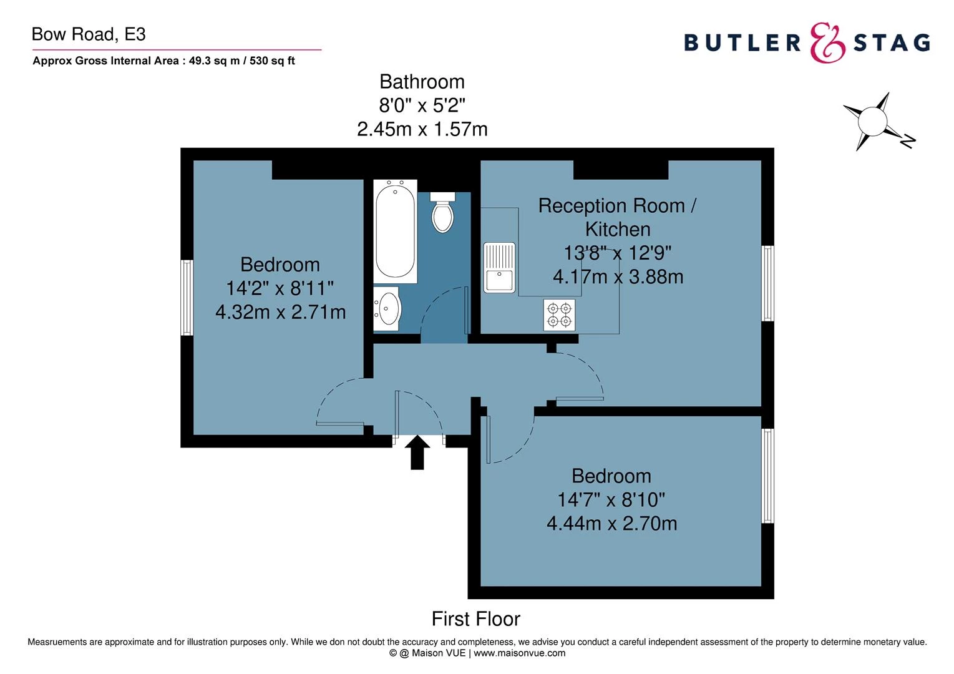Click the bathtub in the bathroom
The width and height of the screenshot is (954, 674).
coord(396,231)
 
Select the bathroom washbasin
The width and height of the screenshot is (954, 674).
coord(387,308)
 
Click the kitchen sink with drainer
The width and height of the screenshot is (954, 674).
coord(499,267)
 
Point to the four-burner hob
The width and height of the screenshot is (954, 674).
coord(559,315)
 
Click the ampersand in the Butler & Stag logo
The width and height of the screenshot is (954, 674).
coord(827,42)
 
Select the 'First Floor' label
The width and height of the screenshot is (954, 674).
coord(475,618)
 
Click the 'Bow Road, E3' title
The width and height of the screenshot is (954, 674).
coord(89,34)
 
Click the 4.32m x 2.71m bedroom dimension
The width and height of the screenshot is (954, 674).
coord(280,311)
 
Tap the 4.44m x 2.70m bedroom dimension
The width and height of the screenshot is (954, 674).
coord(611,523)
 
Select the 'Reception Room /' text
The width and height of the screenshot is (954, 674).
coord(617,205)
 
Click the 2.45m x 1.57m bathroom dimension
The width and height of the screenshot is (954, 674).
coord(422,129)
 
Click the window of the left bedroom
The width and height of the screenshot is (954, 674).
coord(187,297)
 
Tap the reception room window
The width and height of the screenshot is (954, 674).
coord(767,283)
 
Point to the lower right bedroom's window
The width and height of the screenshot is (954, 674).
coord(767,476)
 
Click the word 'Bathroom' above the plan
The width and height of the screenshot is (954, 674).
coord(422,82)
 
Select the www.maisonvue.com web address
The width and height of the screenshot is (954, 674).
coord(520,653)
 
